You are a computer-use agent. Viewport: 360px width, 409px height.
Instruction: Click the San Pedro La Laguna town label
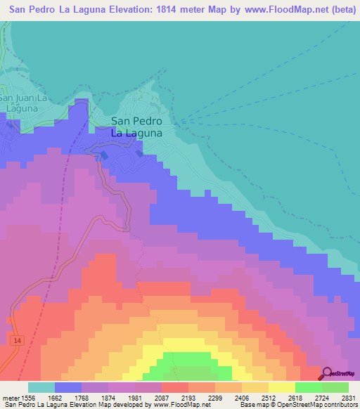[137, 126]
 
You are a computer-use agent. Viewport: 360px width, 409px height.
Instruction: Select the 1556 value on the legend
[31, 397]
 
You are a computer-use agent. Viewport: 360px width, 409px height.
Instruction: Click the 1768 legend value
[94, 397]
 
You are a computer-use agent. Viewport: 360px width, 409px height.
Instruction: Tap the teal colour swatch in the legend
[41, 387]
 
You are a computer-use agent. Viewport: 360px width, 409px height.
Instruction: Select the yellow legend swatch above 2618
[282, 387]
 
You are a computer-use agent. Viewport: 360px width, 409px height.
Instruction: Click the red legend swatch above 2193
[174, 387]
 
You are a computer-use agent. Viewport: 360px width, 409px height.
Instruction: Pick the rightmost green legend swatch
[335, 387]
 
